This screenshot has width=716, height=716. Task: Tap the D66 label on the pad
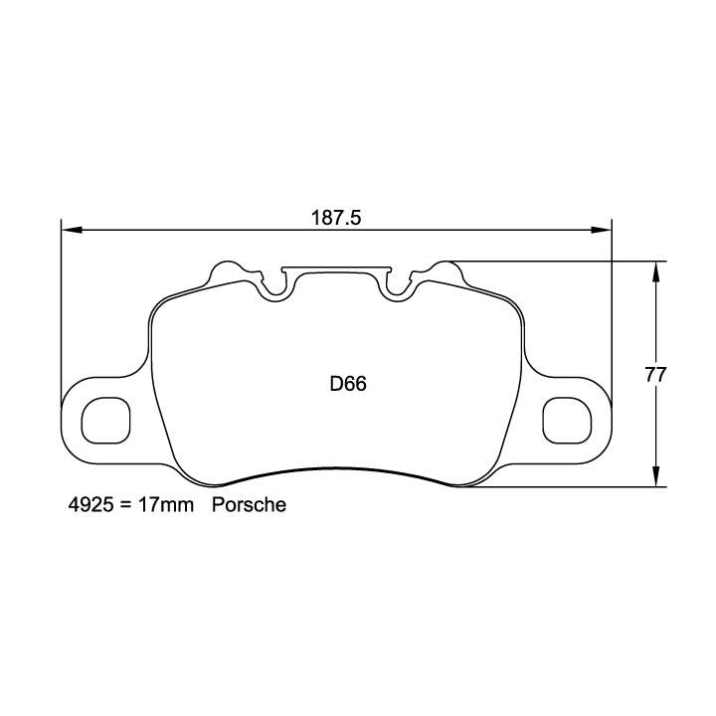click(348, 384)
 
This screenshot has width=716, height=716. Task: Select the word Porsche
click(249, 505)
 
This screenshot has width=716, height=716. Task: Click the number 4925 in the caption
click(86, 505)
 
